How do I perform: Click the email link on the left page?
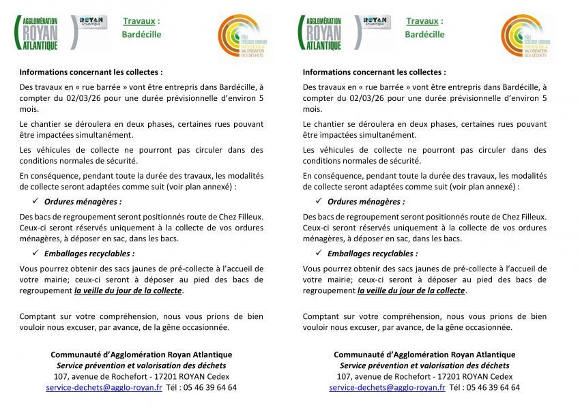[104, 387]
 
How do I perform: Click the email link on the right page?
[387, 387]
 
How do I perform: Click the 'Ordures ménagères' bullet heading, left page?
[83, 202]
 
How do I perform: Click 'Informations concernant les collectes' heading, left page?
[91, 72]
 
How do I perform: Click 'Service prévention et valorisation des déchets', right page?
[424, 365]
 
